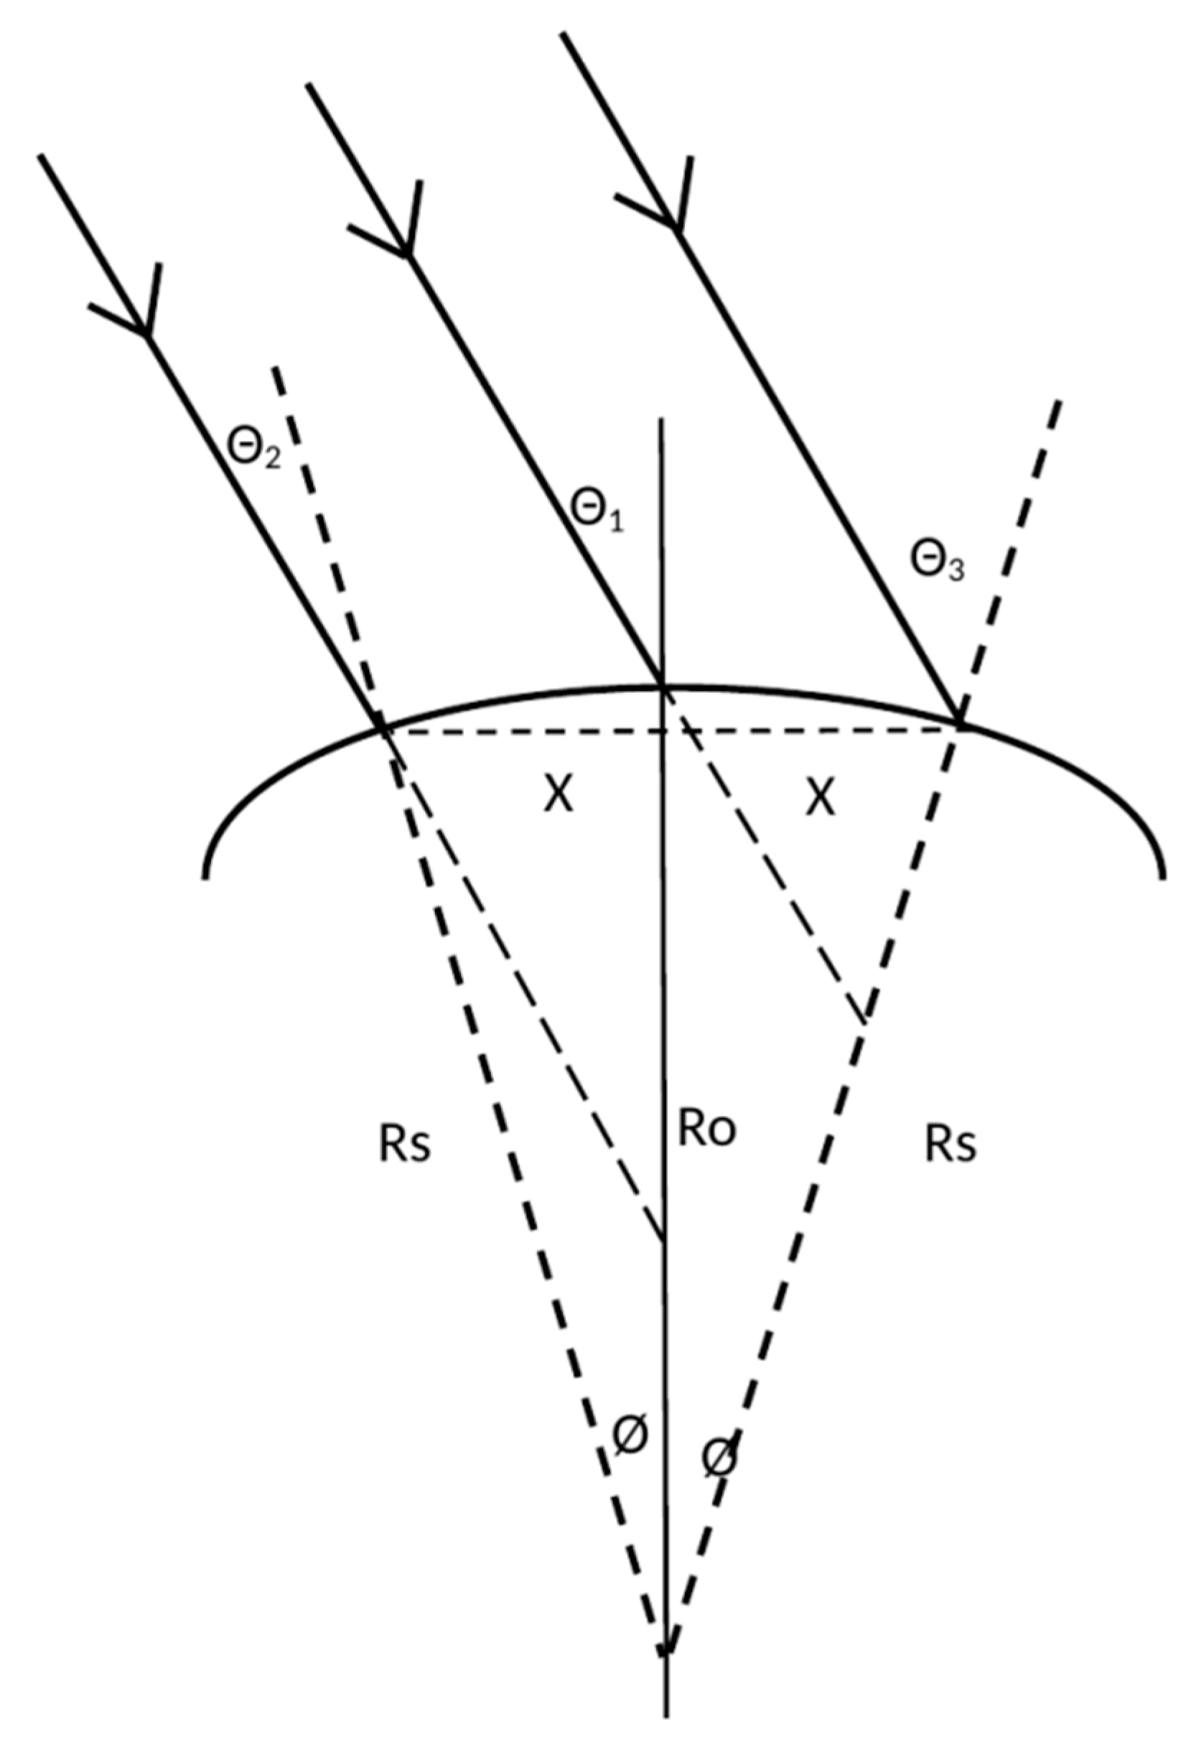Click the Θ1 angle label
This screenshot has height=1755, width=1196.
tap(597, 514)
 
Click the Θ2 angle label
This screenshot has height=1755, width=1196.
tap(253, 451)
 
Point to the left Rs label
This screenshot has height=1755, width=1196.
tap(405, 1145)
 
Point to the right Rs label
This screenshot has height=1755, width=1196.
tap(950, 1145)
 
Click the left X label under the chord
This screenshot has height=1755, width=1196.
tap(559, 796)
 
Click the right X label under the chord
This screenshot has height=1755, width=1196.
tap(820, 796)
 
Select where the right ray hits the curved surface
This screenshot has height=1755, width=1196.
tap(958, 721)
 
